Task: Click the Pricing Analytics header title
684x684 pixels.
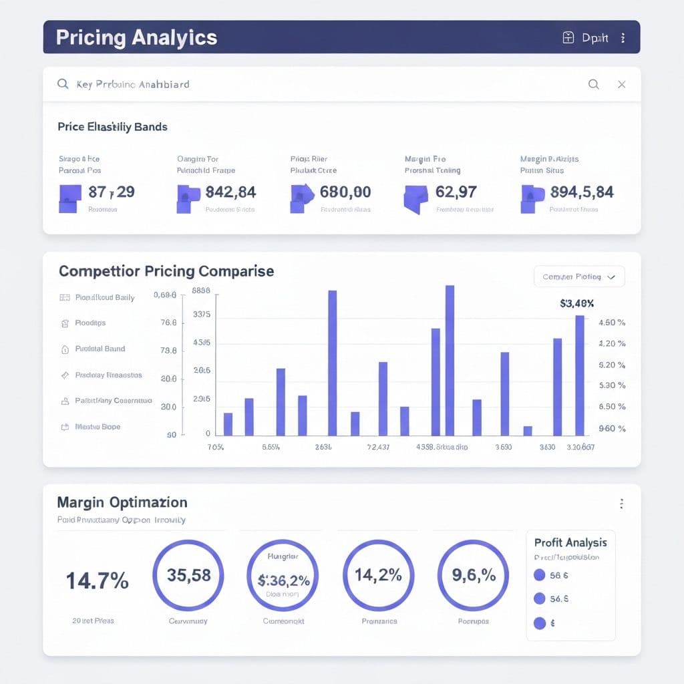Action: click(136, 37)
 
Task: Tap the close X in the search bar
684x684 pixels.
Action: click(621, 84)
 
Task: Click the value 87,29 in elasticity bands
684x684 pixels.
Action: click(111, 192)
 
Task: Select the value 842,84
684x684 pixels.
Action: click(230, 192)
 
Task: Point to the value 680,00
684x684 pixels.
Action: click(345, 192)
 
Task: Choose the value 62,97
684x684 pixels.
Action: click(456, 192)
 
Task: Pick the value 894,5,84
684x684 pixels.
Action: click(581, 192)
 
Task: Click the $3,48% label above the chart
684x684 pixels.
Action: click(577, 303)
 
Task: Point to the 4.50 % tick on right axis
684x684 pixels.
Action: click(611, 323)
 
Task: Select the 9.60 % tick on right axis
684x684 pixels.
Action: click(611, 429)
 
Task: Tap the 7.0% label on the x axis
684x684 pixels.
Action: click(216, 447)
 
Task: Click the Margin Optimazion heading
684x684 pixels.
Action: click(122, 502)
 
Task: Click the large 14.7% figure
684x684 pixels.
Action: click(97, 581)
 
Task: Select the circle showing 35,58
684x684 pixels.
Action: click(188, 576)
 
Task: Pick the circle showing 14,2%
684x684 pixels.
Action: click(378, 576)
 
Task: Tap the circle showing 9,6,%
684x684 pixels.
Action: click(473, 576)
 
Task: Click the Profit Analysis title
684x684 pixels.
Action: click(570, 542)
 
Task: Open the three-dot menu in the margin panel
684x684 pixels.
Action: click(621, 504)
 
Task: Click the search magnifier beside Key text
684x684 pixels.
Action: click(63, 84)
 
